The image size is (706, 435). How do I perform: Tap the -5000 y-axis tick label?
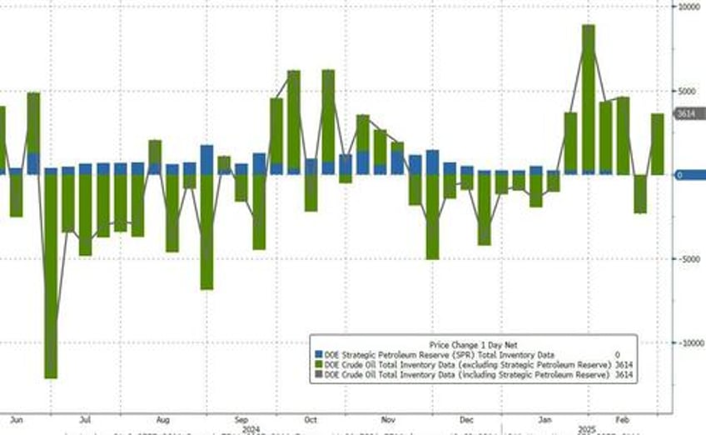686,258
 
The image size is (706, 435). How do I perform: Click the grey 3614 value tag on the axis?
685,113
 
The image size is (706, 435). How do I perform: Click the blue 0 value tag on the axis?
680,175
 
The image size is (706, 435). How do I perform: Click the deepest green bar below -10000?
51,275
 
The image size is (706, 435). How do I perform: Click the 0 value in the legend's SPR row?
617,355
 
